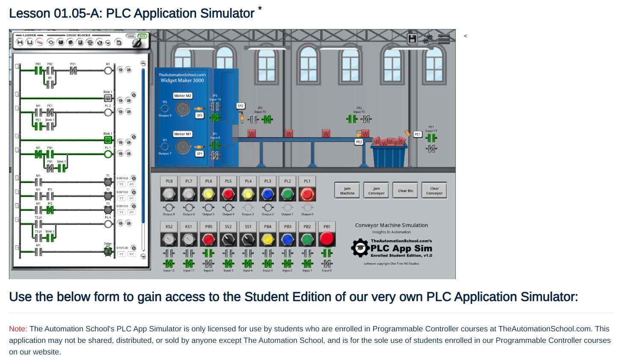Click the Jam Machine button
[x=347, y=191]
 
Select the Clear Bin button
[x=405, y=191]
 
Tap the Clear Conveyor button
[x=434, y=191]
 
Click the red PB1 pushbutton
[x=327, y=239]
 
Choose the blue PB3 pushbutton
[x=288, y=239]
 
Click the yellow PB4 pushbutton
[x=268, y=239]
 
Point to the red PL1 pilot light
[x=307, y=194]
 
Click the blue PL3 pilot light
[x=268, y=194]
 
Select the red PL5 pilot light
[x=228, y=194]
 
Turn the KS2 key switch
[x=169, y=239]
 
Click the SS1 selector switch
[x=248, y=239]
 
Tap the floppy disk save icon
[x=412, y=39]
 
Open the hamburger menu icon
[x=444, y=39]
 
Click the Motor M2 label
[x=183, y=96]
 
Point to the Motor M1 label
[x=183, y=134]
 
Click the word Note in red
[x=18, y=329]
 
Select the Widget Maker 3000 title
[x=182, y=80]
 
